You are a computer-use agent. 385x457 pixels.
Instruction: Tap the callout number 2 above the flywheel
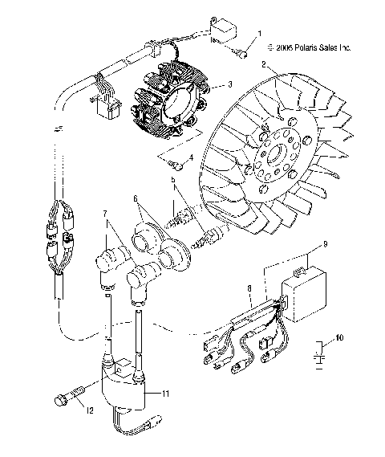pos(264,63)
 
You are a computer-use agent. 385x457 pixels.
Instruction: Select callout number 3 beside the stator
pos(230,84)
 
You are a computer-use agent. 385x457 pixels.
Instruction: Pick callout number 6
pos(136,198)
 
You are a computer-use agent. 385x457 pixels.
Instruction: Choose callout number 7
pos(104,214)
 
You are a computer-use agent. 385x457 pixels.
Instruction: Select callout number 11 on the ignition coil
pos(167,394)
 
